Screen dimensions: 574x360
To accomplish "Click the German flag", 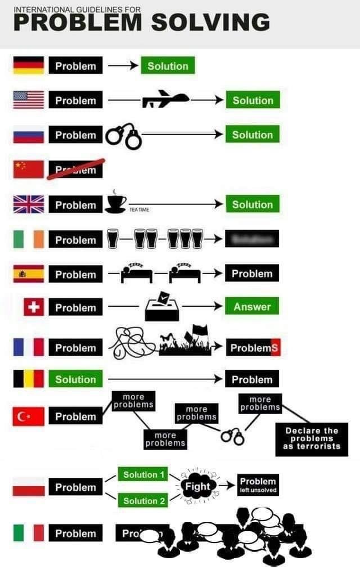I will click(29, 66).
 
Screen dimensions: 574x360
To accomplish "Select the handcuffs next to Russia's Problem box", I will click(123, 137).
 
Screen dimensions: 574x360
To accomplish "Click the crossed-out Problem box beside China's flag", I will click(75, 169).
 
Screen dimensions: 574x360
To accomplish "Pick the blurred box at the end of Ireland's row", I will click(251, 240).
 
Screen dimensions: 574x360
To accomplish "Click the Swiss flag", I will click(34, 307).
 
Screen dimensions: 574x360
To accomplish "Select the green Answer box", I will click(252, 307).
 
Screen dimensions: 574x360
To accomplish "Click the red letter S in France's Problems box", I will click(274, 348).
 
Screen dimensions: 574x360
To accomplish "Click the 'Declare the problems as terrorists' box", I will click(312, 438).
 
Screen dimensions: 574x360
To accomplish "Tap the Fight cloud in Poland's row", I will click(197, 486).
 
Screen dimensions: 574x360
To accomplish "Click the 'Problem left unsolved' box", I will click(258, 485).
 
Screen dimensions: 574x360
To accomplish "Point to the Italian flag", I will click(29, 533).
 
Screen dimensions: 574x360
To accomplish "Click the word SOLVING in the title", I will click(210, 23).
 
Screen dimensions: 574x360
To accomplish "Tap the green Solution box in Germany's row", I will click(168, 66).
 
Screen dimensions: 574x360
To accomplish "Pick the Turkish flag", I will click(29, 416).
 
